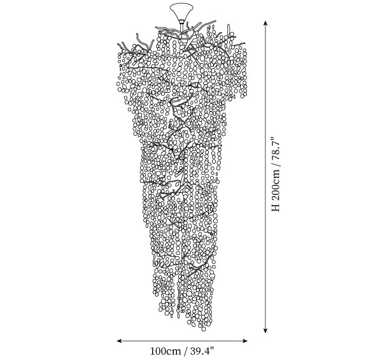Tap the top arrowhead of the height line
pyautogui.click(x=265, y=24)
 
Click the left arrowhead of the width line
pyautogui.click(x=120, y=341)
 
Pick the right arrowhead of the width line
pyautogui.click(x=244, y=341)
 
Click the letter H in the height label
pyautogui.click(x=276, y=208)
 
